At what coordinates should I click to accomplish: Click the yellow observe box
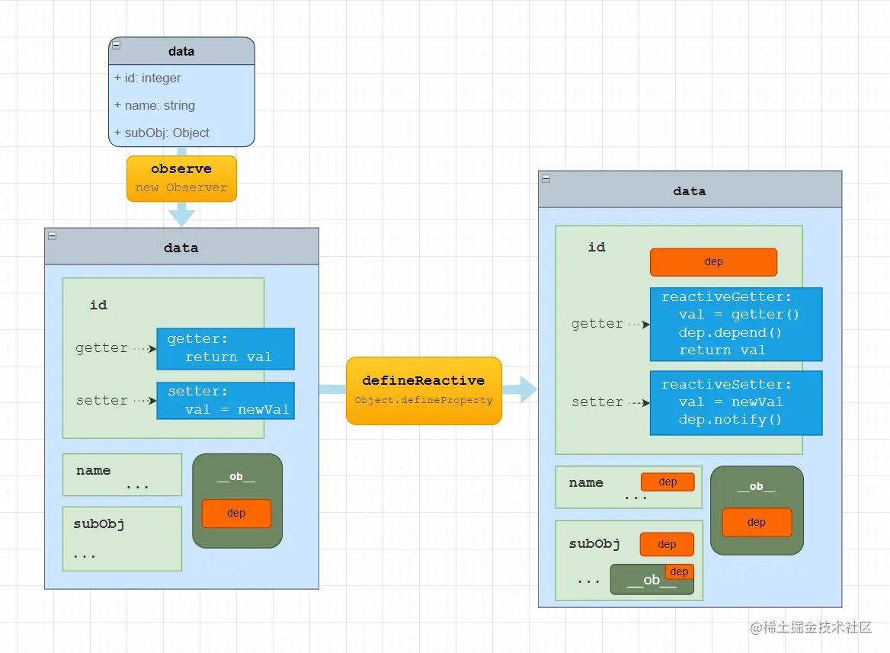point(181,179)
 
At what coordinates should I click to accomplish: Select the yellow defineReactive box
point(424,390)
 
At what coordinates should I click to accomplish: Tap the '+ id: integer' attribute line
point(148,78)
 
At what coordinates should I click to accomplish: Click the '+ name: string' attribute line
point(155,105)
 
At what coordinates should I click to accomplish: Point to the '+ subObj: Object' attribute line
point(162,133)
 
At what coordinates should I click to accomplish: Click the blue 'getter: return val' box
point(226,348)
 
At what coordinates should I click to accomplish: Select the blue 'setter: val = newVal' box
point(226,400)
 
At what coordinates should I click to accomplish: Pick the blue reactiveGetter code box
point(735,324)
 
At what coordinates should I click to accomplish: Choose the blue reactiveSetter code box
point(735,402)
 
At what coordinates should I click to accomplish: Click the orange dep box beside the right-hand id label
point(713,261)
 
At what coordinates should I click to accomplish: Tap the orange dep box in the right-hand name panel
point(667,482)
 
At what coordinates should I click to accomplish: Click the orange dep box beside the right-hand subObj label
point(667,544)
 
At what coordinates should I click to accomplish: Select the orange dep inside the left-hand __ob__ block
point(236,513)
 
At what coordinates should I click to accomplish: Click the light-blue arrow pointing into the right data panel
point(520,389)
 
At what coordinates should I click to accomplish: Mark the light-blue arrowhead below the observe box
point(181,216)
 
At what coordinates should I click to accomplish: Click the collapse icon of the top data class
point(116,46)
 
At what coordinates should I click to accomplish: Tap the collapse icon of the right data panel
point(546,178)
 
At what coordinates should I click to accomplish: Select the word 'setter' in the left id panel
point(102,400)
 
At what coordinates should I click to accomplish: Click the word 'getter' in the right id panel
point(597,324)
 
